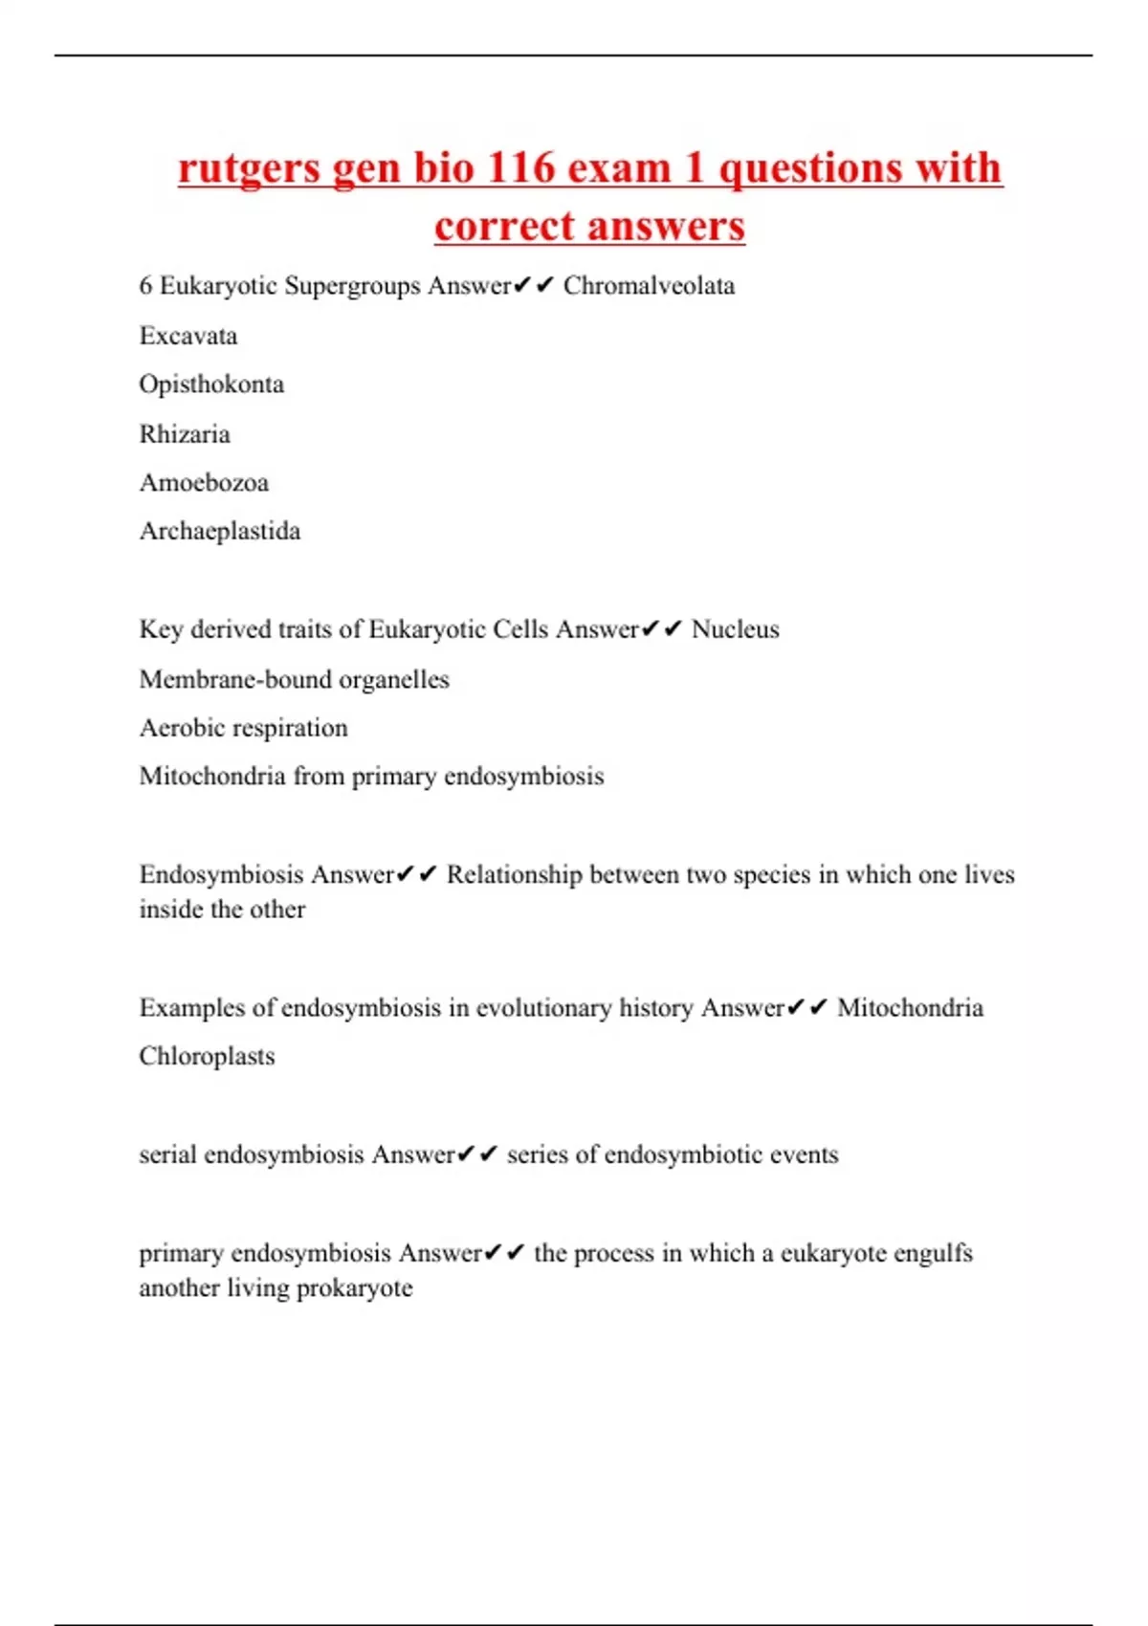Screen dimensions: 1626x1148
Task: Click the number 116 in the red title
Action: click(x=520, y=168)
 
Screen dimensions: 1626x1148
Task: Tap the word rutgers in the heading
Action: click(x=249, y=168)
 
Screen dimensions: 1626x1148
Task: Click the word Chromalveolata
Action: click(x=649, y=286)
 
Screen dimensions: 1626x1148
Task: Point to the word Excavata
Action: click(x=188, y=336)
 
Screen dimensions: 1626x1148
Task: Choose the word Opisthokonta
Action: click(x=211, y=385)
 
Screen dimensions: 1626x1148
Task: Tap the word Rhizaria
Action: click(x=185, y=434)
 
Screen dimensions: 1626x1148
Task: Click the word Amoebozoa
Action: click(x=204, y=482)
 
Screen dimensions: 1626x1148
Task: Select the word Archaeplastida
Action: click(x=220, y=531)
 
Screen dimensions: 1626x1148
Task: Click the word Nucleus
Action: click(x=735, y=629)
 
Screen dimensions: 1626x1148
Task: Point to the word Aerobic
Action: click(x=182, y=728)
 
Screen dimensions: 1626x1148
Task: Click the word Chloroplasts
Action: click(x=207, y=1056)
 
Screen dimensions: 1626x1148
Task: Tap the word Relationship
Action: click(x=514, y=875)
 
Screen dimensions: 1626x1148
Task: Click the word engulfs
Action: click(x=932, y=1253)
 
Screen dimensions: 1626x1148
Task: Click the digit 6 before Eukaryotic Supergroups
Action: click(x=145, y=286)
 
